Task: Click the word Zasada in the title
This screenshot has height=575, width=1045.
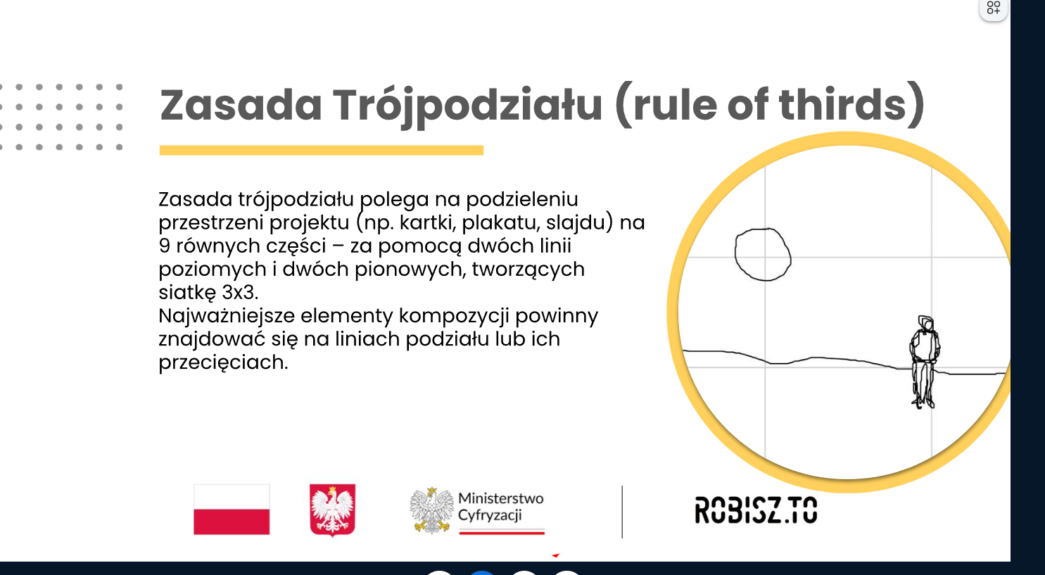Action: [241, 105]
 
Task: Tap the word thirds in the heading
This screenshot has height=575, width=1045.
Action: [842, 103]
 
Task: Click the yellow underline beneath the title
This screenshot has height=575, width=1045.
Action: [322, 151]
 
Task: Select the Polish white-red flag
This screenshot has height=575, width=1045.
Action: [232, 509]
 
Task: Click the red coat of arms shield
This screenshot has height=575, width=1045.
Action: [333, 510]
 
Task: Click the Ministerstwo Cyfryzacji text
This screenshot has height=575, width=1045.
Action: [500, 507]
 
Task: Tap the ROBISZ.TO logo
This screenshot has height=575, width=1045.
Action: [756, 510]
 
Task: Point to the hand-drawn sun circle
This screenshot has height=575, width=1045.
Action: [764, 254]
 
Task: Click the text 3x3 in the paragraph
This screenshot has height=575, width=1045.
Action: [240, 293]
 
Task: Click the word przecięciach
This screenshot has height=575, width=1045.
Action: [224, 363]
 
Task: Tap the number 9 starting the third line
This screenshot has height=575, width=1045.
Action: [164, 246]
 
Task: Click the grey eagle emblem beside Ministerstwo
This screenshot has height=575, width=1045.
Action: [431, 510]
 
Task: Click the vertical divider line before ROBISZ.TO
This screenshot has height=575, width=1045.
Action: [622, 512]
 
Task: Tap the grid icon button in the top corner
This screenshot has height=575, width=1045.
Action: [993, 8]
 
